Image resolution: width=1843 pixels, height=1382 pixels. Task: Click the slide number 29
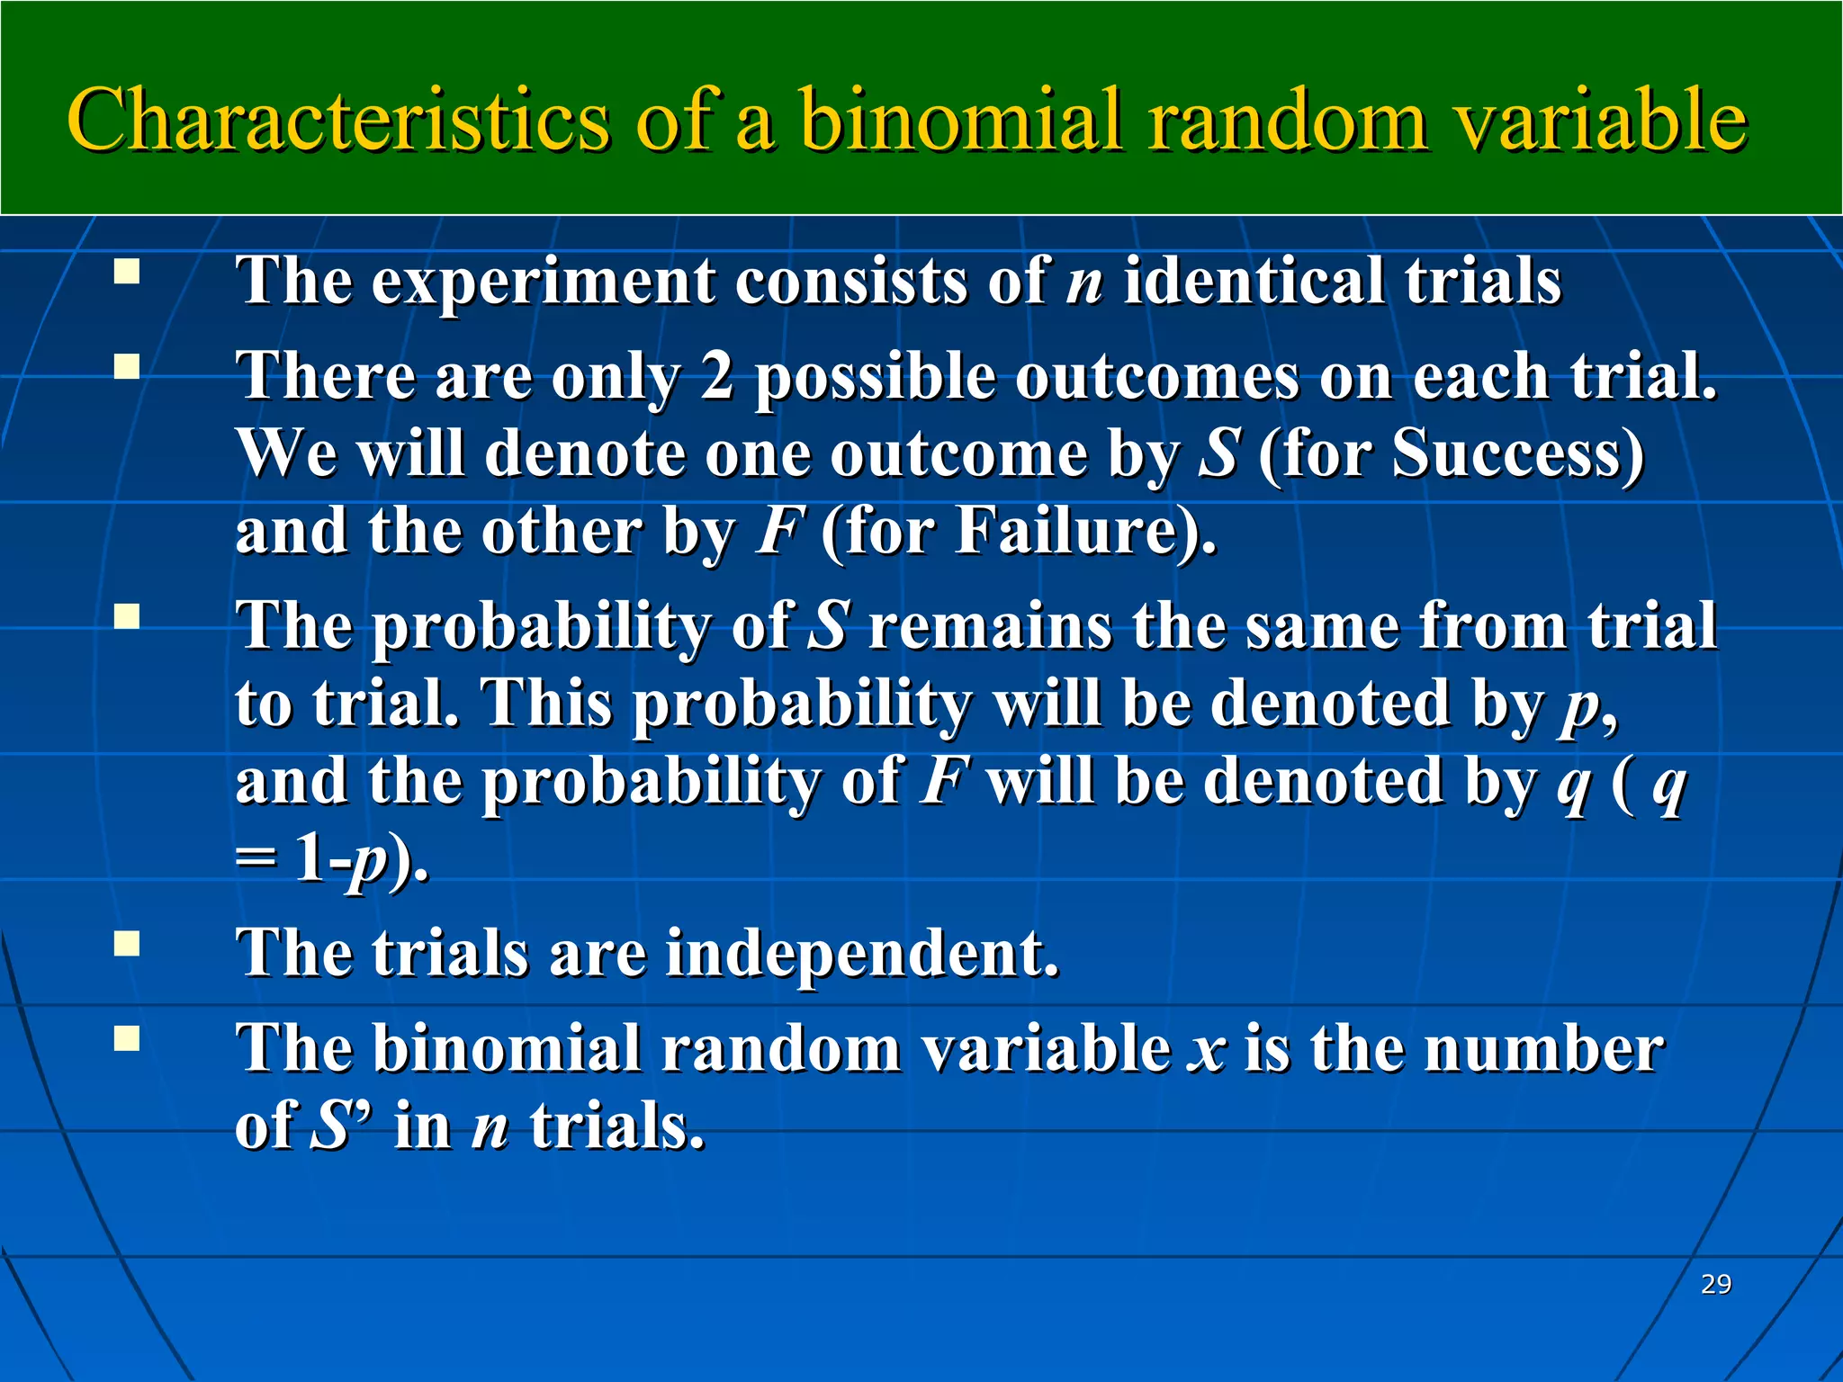(1716, 1284)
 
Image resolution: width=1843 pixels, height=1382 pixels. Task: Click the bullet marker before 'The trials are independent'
(127, 943)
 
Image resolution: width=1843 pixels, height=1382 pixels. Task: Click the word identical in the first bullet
(1252, 281)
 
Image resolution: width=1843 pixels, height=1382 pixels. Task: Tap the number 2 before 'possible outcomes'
(717, 375)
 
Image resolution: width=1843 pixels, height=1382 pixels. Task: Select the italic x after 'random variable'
(1207, 1050)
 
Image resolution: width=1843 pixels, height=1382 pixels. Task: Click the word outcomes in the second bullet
(1156, 376)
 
